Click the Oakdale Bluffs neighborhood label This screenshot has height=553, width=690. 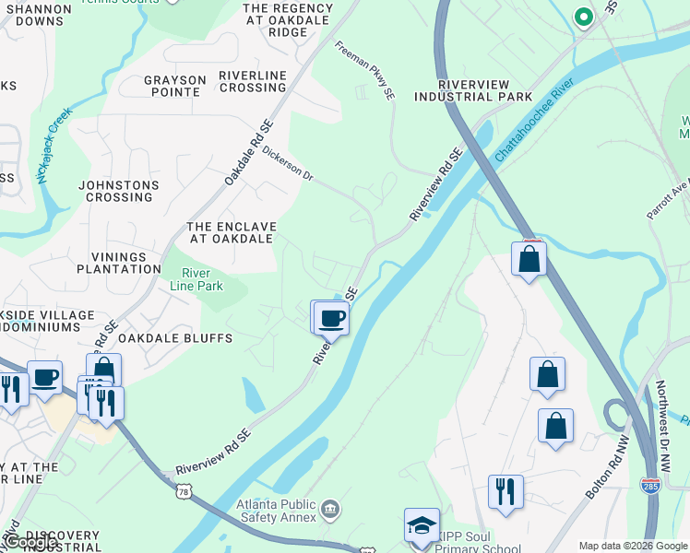pos(175,338)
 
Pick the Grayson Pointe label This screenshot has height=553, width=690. pos(173,86)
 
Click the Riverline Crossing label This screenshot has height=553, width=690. pos(252,81)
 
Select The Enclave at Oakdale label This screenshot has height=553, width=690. pos(231,232)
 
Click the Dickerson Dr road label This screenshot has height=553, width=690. pos(288,163)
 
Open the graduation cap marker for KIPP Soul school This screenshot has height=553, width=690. pos(422,526)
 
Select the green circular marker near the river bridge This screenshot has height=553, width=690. pos(583,16)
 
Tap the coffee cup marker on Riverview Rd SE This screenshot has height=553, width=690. pos(331,318)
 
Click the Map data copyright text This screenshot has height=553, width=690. pos(632,546)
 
